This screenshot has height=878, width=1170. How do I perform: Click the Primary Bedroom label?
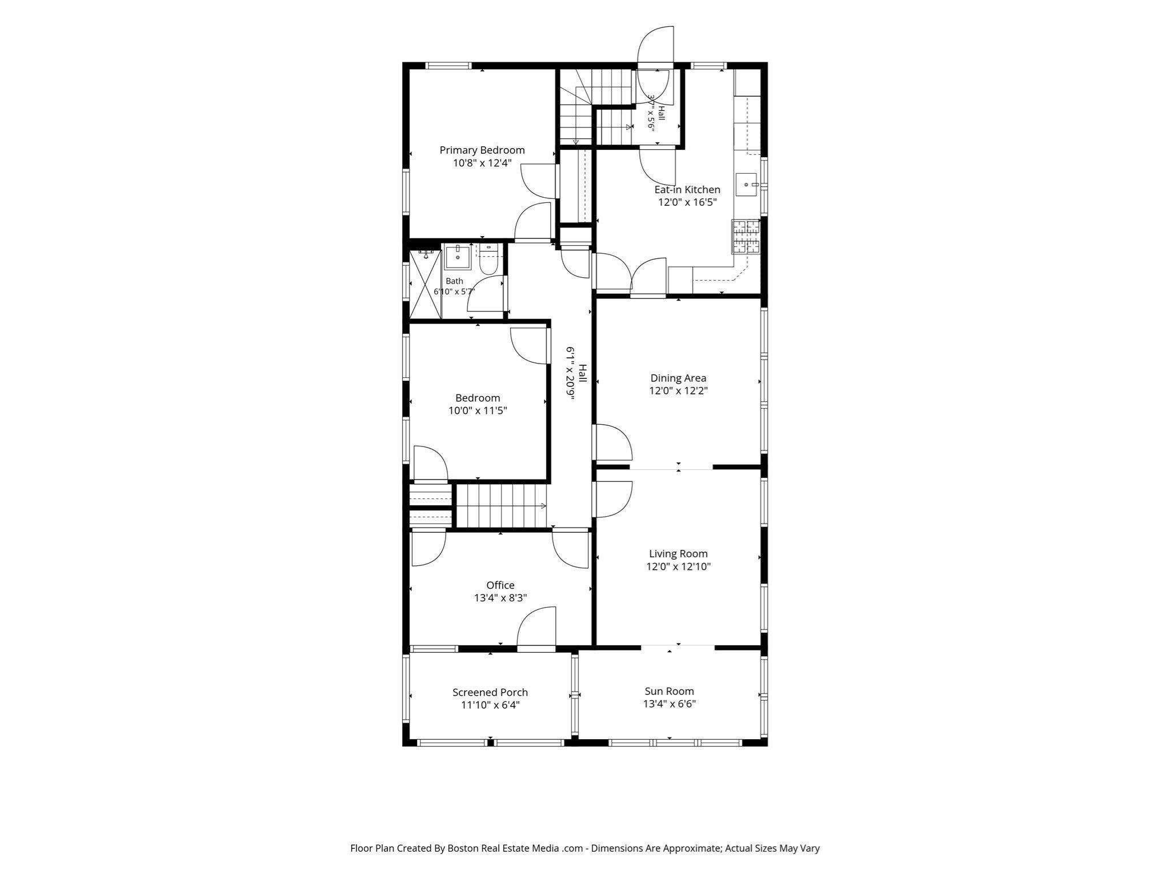point(482,150)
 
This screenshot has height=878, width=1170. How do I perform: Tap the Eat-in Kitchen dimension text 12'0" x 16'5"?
point(687,202)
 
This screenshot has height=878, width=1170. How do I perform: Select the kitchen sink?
point(746,185)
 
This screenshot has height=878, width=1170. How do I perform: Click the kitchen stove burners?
point(746,237)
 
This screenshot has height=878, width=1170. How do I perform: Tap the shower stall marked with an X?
point(425,284)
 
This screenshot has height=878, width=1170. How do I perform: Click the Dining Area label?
point(678,378)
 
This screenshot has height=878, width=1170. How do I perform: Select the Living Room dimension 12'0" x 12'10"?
point(679,566)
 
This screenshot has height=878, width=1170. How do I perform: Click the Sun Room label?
point(669,691)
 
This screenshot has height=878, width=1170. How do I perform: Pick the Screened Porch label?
point(490,692)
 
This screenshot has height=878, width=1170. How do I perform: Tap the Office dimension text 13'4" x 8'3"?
point(500,598)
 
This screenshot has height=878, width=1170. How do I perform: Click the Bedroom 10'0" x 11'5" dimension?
point(478,410)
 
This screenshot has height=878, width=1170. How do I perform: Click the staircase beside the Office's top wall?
point(501,506)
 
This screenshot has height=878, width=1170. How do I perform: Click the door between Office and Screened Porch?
point(536,629)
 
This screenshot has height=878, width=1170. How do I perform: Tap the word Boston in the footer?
point(463,848)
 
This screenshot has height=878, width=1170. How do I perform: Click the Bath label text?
point(454,281)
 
